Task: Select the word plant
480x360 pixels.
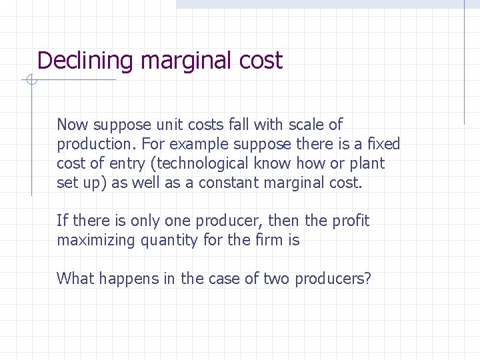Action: coord(368,163)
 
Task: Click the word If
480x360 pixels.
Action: coord(62,221)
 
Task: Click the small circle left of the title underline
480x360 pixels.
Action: coord(30,81)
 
